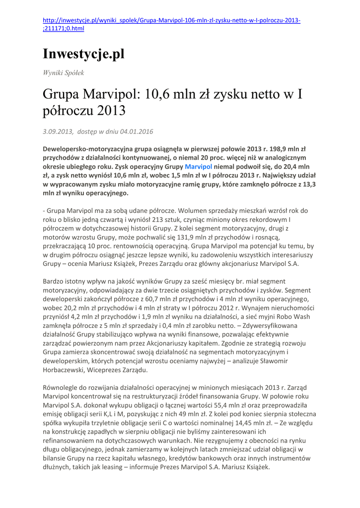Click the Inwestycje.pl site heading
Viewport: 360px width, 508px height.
pyautogui.click(x=83, y=54)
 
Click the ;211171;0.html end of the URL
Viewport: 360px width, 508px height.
pyautogui.click(x=64, y=29)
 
